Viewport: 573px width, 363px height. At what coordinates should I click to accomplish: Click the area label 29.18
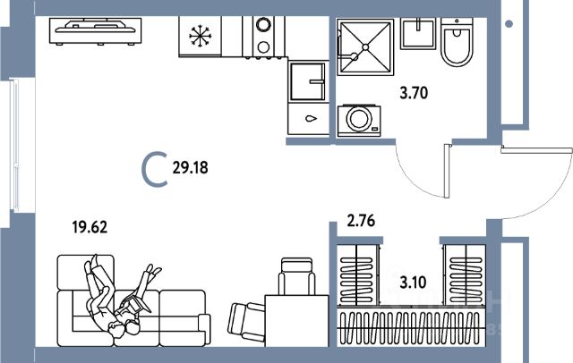(193, 167)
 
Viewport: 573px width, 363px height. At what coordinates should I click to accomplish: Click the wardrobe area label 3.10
(413, 284)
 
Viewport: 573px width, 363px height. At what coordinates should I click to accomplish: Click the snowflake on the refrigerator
(198, 37)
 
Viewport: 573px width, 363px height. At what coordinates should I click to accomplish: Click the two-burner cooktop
(265, 37)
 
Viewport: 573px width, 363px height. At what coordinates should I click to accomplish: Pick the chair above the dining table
(295, 275)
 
